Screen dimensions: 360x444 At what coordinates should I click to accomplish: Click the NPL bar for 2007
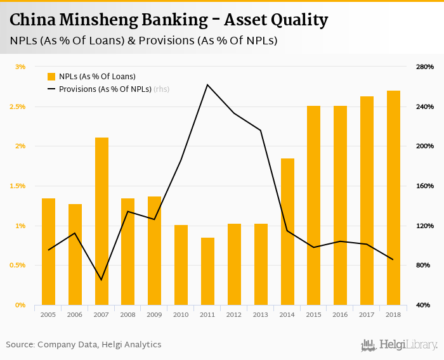[101, 221]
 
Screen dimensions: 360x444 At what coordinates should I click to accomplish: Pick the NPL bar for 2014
[287, 231]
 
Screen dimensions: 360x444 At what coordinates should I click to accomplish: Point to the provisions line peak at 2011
[207, 84]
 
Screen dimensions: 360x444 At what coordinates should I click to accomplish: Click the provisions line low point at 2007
[101, 280]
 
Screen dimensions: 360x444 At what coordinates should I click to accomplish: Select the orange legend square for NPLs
[51, 77]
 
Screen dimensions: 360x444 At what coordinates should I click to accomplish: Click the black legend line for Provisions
[51, 89]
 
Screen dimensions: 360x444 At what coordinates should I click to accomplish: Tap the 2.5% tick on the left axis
[17, 106]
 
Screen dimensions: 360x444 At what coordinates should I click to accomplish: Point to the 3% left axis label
[20, 67]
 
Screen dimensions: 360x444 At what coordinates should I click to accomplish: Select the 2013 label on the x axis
[261, 314]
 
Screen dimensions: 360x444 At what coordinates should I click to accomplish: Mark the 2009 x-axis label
[154, 314]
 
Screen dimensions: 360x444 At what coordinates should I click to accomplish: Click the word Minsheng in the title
[95, 21]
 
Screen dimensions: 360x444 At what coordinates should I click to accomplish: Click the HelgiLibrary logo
[399, 345]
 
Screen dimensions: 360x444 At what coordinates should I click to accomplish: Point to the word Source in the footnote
[20, 345]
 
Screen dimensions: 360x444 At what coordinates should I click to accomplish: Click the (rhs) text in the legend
[161, 89]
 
